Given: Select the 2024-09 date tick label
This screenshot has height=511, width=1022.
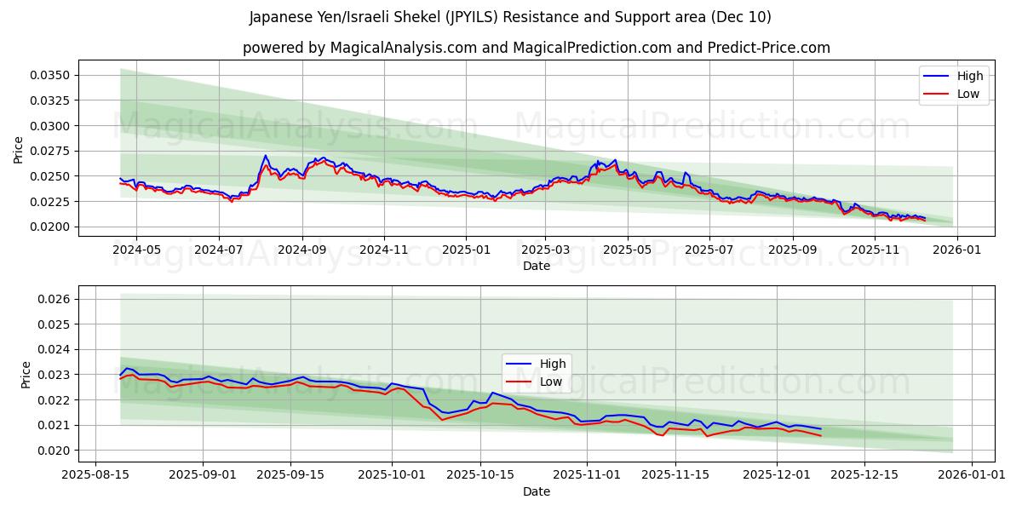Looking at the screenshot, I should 301,250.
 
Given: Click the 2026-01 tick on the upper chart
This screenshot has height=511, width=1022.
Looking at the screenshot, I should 957,250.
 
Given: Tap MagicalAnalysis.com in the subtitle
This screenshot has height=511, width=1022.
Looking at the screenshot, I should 398,48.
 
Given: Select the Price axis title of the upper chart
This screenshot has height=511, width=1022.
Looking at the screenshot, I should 19,150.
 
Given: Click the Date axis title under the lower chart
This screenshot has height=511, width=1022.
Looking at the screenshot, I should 537,491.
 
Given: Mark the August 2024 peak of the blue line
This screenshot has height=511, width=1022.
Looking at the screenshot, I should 265,155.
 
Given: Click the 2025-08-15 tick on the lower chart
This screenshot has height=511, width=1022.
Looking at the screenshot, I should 95,474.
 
